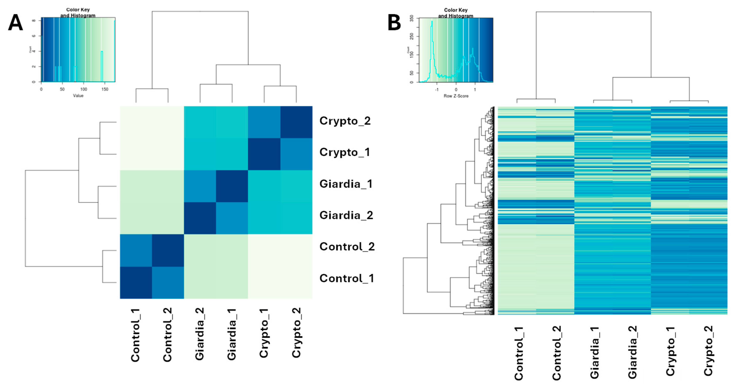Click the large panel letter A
click(x=15, y=23)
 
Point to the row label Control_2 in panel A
click(x=347, y=247)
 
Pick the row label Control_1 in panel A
click(x=347, y=278)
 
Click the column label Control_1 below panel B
click(x=519, y=353)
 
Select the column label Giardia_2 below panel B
click(x=632, y=352)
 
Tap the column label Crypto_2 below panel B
click(x=708, y=351)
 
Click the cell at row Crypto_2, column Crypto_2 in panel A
click(x=296, y=122)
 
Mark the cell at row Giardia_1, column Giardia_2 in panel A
click(x=200, y=186)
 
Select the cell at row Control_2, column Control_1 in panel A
click(x=136, y=250)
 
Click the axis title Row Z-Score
click(x=456, y=96)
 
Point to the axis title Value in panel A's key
click(x=78, y=96)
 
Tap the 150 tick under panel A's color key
click(x=105, y=89)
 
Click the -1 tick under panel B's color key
click(x=437, y=90)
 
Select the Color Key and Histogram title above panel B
click(x=456, y=13)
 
